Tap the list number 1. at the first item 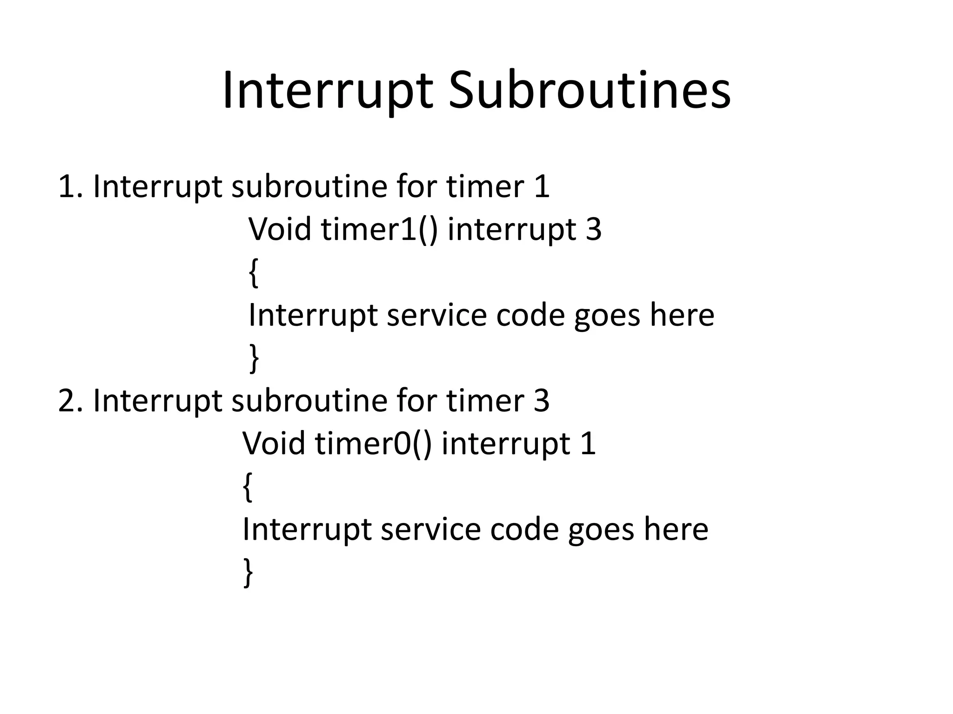coord(70,186)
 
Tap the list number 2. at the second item coord(70,400)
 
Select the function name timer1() coord(379,229)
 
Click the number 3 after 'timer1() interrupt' coord(593,229)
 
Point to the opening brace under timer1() coord(254,273)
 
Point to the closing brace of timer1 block coord(254,358)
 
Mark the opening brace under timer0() coord(248,487)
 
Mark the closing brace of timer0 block coord(248,573)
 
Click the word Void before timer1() coord(280,229)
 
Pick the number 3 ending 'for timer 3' coord(541,400)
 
